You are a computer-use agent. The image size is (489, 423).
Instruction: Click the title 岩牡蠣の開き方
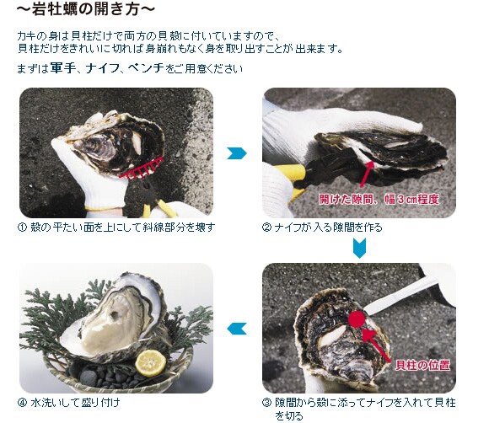point(86,9)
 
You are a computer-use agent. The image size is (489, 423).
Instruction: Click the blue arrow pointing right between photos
point(237,153)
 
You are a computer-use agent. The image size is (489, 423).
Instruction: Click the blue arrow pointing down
point(359,248)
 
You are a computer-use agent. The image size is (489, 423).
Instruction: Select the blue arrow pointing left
point(237,329)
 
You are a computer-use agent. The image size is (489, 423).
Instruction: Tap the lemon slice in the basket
point(151,363)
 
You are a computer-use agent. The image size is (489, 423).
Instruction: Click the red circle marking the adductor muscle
point(356,319)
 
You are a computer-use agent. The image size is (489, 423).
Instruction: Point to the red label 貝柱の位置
point(422,365)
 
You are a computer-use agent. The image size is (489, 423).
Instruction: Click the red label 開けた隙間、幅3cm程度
point(379,199)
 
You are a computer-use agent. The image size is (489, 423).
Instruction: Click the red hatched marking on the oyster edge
point(142,169)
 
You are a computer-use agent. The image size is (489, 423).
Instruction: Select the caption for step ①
point(116,228)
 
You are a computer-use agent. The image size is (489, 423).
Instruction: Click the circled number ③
point(267,403)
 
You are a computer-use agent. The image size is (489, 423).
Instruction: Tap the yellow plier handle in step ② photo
point(290,172)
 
